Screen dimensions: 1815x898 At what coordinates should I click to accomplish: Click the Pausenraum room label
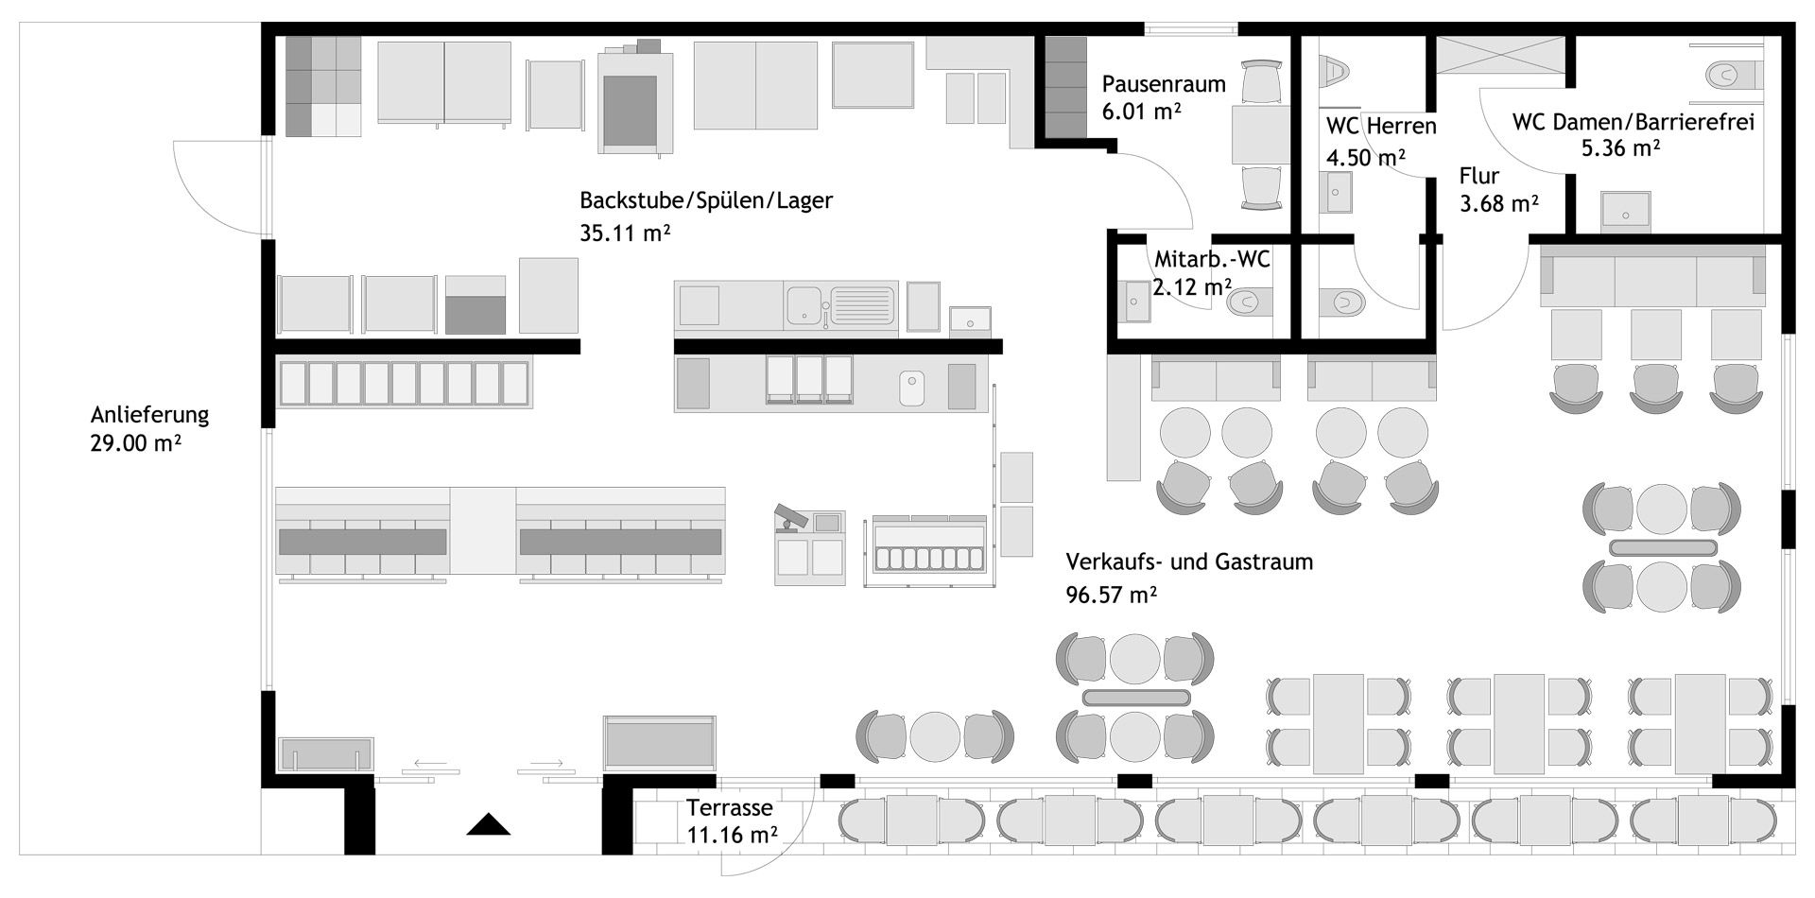(1164, 84)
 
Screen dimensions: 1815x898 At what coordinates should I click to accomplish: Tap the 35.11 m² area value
(625, 233)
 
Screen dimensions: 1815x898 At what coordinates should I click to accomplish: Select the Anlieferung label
(149, 415)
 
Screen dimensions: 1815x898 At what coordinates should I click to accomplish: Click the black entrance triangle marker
(488, 824)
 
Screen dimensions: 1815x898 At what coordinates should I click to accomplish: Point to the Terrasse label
(730, 808)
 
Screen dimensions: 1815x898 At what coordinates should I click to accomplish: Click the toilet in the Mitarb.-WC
(1249, 303)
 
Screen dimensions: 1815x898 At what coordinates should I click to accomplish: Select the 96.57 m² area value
(1112, 595)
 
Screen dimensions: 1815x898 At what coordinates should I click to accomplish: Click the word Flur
(1479, 176)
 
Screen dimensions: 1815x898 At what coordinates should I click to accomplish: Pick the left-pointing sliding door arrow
(430, 763)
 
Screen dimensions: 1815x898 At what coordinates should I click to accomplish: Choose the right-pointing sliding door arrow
(546, 763)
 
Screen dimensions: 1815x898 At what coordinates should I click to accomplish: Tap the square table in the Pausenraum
(1260, 134)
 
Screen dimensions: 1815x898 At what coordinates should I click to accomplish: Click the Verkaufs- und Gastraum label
(1189, 562)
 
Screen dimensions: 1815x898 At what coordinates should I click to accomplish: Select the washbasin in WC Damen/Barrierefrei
(1626, 213)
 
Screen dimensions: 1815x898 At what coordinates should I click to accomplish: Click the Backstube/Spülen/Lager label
(706, 200)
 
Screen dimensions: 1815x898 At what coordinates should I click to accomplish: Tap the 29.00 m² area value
(136, 442)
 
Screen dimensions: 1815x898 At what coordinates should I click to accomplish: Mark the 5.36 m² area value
(1621, 147)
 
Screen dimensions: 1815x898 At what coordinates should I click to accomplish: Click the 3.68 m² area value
(1500, 203)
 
